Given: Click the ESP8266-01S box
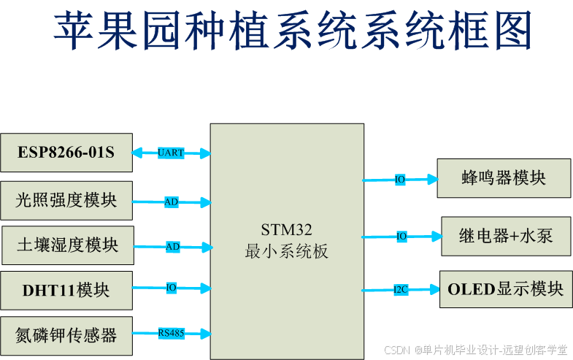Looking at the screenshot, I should pyautogui.click(x=66, y=153).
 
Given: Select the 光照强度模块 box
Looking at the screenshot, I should pyautogui.click(x=66, y=200).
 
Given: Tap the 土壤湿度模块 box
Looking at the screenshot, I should pyautogui.click(x=67, y=245).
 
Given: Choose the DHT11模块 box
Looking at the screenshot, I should pyautogui.click(x=66, y=290).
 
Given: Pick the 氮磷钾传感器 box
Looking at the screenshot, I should pyautogui.click(x=66, y=335).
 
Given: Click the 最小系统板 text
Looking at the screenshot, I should pyautogui.click(x=286, y=252).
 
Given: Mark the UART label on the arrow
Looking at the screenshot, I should pyautogui.click(x=171, y=153).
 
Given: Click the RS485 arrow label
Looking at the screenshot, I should pyautogui.click(x=172, y=333).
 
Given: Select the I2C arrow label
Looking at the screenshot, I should pyautogui.click(x=401, y=290).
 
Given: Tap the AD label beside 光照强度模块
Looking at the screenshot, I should pyautogui.click(x=171, y=202).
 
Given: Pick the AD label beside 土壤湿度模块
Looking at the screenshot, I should pyautogui.click(x=172, y=247).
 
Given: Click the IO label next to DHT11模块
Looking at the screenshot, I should pyautogui.click(x=171, y=288).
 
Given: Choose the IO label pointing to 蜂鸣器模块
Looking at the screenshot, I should pyautogui.click(x=400, y=180).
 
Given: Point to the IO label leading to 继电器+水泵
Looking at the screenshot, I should pyautogui.click(x=401, y=237).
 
